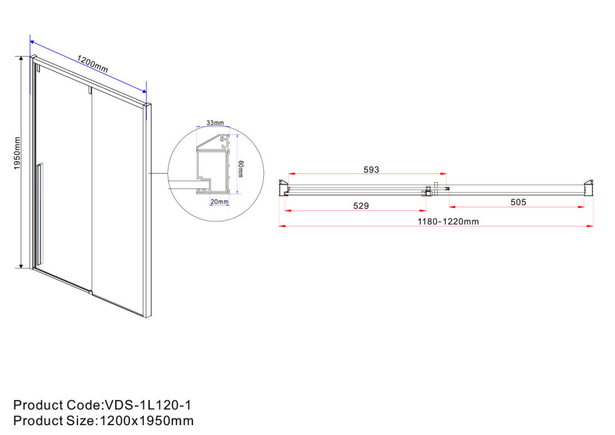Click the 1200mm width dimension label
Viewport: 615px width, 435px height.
point(92,64)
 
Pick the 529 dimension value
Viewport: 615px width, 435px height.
point(361,206)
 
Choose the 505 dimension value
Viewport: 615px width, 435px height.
point(518,202)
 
